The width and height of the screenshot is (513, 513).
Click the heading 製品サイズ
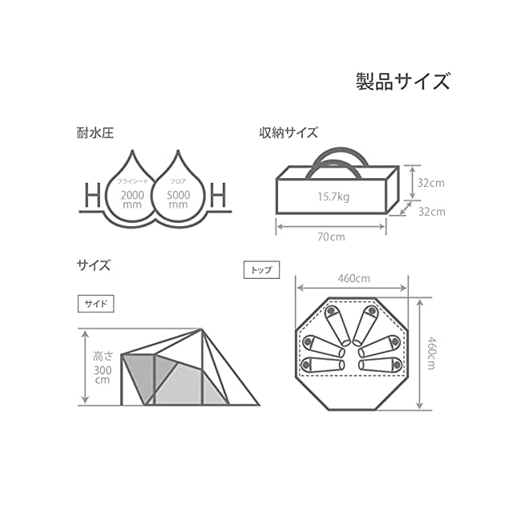coord(402,81)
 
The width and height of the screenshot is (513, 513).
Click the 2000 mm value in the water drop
coord(132,199)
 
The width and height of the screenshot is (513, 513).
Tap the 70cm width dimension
coord(330,237)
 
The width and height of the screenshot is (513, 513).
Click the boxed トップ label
coord(261,270)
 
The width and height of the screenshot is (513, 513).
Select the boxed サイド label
coord(96,304)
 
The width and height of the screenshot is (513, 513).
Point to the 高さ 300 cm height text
coord(103,366)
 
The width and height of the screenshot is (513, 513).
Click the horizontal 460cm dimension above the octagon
coord(353,279)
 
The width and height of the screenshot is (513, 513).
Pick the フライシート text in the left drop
coord(132,180)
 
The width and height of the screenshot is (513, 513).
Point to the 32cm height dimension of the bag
coord(430,182)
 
